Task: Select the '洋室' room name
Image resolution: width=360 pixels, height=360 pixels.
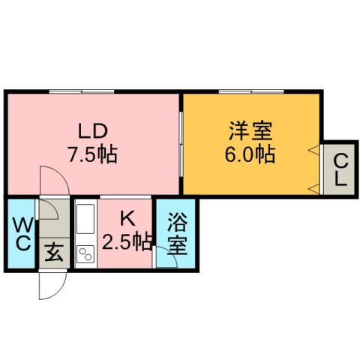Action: click(x=251, y=130)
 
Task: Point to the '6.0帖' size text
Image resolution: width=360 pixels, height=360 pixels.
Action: click(x=251, y=155)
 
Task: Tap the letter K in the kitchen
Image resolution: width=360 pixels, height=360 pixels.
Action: click(x=127, y=219)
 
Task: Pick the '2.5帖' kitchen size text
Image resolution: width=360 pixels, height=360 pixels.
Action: click(x=127, y=241)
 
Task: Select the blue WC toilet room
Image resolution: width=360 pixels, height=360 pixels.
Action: click(x=21, y=232)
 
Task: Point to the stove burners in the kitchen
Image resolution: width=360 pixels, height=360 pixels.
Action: click(x=83, y=255)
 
